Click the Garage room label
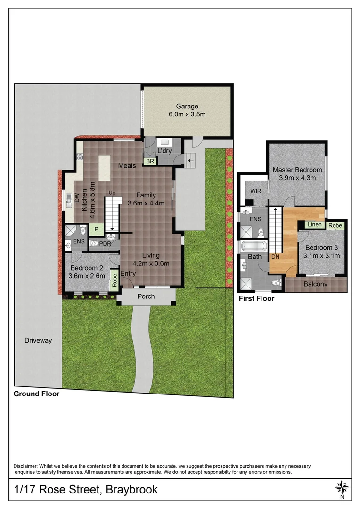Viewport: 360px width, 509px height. (187, 107)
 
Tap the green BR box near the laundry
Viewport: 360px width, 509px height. (150, 161)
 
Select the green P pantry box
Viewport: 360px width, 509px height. (97, 230)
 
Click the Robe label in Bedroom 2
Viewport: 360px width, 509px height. (114, 280)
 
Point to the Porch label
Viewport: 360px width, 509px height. (146, 296)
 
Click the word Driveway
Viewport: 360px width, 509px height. (38, 340)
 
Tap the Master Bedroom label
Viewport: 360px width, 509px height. (297, 170)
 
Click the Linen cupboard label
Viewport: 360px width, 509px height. (314, 225)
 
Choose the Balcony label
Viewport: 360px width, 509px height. (315, 284)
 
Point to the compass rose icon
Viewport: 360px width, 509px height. (342, 487)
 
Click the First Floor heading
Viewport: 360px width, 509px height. (256, 299)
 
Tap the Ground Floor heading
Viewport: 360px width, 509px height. (36, 394)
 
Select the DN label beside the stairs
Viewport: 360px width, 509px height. (275, 257)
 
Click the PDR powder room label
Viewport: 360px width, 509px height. (105, 244)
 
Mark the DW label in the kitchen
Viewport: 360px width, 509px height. (69, 198)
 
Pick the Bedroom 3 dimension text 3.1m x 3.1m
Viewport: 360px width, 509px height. (322, 256)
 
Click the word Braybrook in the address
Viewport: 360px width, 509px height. (131, 489)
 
